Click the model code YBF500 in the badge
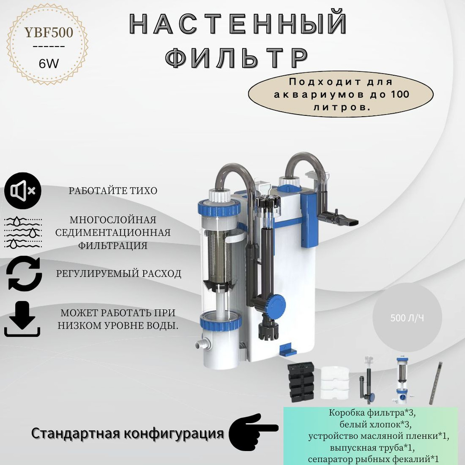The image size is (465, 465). point(49,33)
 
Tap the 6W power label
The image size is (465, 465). point(49,63)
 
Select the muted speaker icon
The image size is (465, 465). point(22,191)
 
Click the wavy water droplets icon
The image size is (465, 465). point(23,232)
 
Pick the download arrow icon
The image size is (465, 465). point(22,319)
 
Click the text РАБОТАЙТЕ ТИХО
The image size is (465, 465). point(113,190)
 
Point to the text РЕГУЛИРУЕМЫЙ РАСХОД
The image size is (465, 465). point(119,273)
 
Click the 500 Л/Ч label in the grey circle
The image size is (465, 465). point(407,318)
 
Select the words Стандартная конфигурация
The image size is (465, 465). point(127,433)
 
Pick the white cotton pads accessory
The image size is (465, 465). point(336,383)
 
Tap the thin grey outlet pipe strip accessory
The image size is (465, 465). point(436,383)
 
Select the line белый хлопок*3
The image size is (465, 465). point(376,425)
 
